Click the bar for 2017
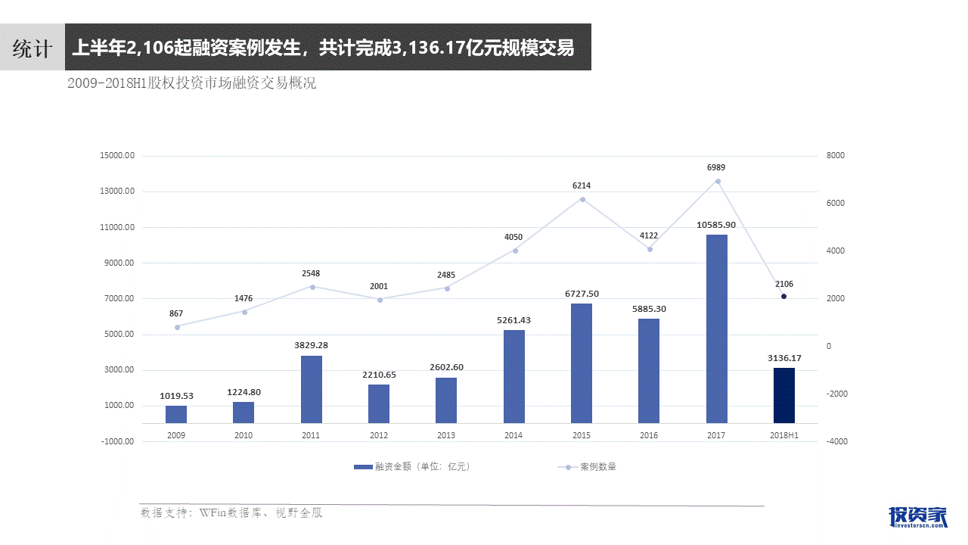(716, 329)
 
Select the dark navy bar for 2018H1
(784, 395)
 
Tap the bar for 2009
(176, 414)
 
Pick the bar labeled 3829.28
(312, 389)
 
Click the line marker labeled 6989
(718, 182)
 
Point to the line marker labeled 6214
(582, 199)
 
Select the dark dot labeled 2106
(784, 297)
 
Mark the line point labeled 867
(177, 327)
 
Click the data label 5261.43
(513, 320)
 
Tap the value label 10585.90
(716, 225)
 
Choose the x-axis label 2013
(446, 435)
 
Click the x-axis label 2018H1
(784, 435)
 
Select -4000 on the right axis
(837, 441)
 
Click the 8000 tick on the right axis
(836, 156)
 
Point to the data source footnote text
(231, 513)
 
